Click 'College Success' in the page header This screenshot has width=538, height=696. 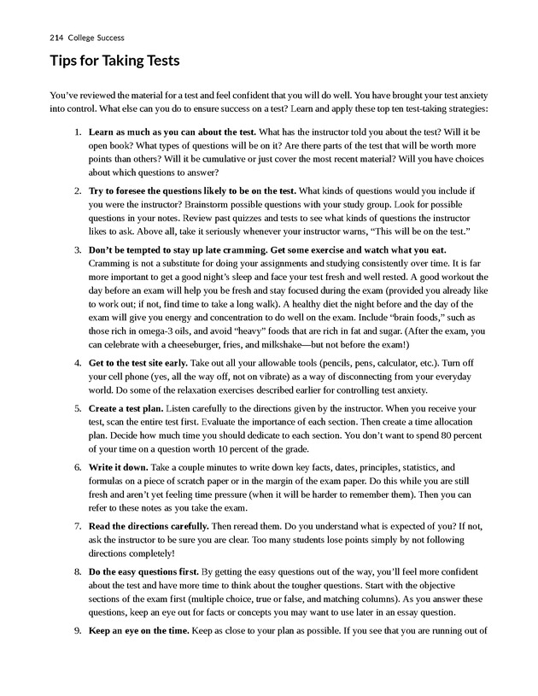pos(96,38)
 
